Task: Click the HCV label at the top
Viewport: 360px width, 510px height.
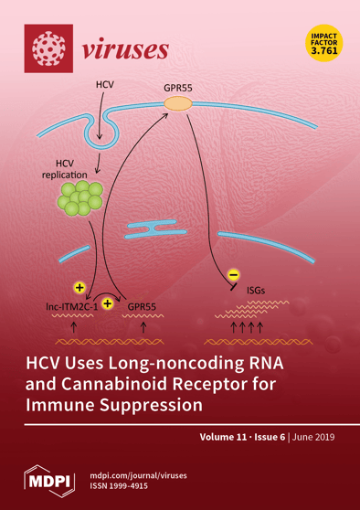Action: [x=106, y=85]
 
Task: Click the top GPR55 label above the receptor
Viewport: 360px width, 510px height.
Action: [x=178, y=89]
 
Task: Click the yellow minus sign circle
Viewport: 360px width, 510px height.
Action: [x=233, y=274]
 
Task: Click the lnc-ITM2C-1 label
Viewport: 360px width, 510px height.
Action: [x=70, y=309]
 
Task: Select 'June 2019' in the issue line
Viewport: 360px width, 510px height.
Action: [x=312, y=438]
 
